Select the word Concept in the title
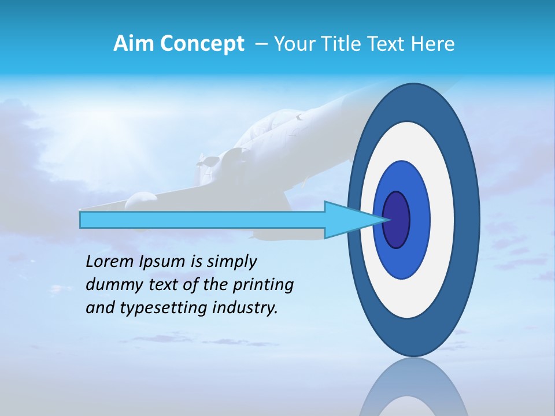202,44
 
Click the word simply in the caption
231,262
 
